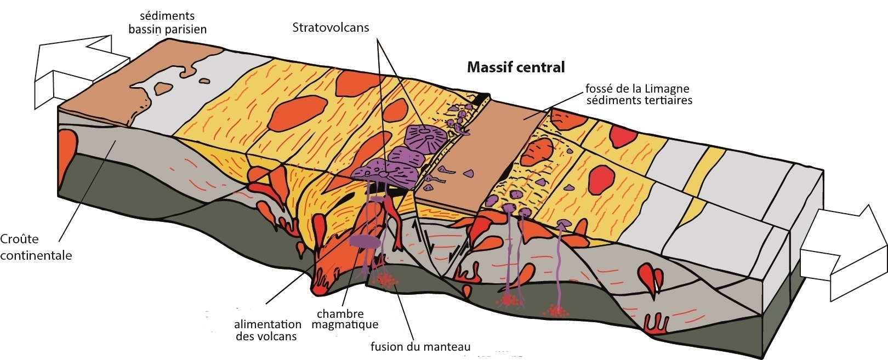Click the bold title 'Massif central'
tap(515, 67)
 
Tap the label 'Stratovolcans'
tap(331, 27)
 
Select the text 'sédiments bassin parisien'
tap(167, 22)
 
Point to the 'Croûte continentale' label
tap(36, 247)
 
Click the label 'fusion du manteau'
tap(420, 346)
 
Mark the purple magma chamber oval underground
tap(365, 241)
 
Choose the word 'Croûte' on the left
tap(19, 239)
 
